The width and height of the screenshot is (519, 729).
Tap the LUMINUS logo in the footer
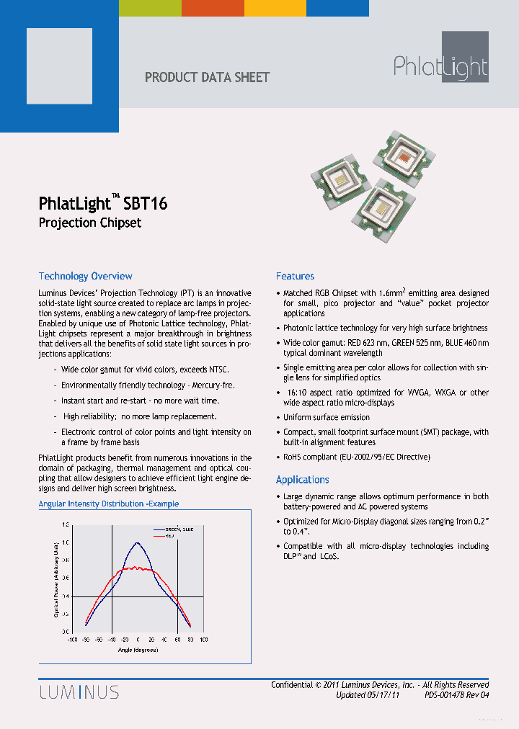coord(79,693)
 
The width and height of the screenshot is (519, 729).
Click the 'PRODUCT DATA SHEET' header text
coord(208,77)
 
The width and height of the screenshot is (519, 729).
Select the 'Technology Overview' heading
coord(85,276)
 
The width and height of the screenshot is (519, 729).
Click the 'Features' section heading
coord(295,276)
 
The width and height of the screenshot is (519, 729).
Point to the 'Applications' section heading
coord(302,480)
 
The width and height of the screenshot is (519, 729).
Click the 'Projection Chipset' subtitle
coord(89,223)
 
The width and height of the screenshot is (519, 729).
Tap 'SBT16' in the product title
coord(147,203)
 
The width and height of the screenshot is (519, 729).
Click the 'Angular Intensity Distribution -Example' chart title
coord(108,504)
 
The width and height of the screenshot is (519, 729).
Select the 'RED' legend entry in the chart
coord(170,536)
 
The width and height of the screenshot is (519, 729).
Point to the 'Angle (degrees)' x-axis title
coord(138,650)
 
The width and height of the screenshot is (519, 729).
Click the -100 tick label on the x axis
coord(72,640)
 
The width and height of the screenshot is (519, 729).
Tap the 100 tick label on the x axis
coord(203,640)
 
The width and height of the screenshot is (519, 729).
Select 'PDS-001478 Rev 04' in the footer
coord(457,695)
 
